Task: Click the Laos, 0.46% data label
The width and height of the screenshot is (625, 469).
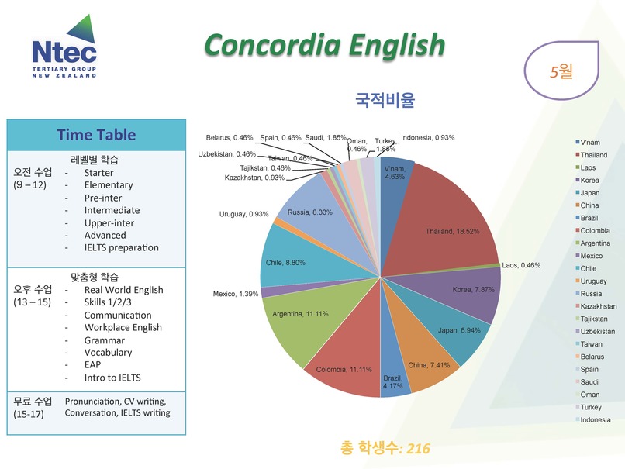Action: click(x=521, y=265)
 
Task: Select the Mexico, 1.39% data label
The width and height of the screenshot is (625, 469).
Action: click(x=235, y=294)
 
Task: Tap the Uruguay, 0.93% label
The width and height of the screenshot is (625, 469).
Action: click(x=243, y=215)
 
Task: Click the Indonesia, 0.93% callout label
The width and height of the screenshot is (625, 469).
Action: click(x=427, y=138)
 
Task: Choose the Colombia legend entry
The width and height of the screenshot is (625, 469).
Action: click(x=592, y=231)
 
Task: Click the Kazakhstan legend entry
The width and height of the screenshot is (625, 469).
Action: click(x=596, y=306)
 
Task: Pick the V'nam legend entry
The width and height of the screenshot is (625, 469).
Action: click(x=588, y=143)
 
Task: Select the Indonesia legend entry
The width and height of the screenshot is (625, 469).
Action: click(x=592, y=420)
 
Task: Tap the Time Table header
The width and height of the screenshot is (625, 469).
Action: click(x=96, y=135)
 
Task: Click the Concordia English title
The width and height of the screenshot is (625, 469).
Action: click(x=324, y=45)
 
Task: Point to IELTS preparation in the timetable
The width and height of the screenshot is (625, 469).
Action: click(x=121, y=248)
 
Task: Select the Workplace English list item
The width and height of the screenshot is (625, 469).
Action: click(x=123, y=328)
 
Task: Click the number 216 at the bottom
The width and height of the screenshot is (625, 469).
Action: click(x=418, y=449)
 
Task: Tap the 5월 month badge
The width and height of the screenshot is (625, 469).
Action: click(x=561, y=71)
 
